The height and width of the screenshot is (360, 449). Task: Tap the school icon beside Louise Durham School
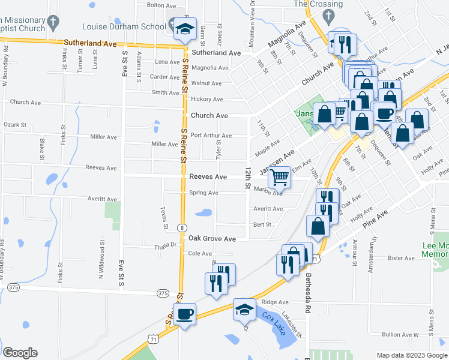(x=185, y=28)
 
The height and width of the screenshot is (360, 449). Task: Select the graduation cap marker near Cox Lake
(x=244, y=310)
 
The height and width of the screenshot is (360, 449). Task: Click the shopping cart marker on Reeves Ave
(x=279, y=177)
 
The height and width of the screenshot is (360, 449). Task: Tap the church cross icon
(x=53, y=23)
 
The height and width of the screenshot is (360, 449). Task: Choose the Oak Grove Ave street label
(x=212, y=238)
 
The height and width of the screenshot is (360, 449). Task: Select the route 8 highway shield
(x=181, y=227)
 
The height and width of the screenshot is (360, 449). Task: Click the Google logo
(x=20, y=353)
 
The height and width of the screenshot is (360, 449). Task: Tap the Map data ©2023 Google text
(x=412, y=355)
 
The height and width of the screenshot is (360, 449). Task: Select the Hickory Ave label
(x=206, y=99)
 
